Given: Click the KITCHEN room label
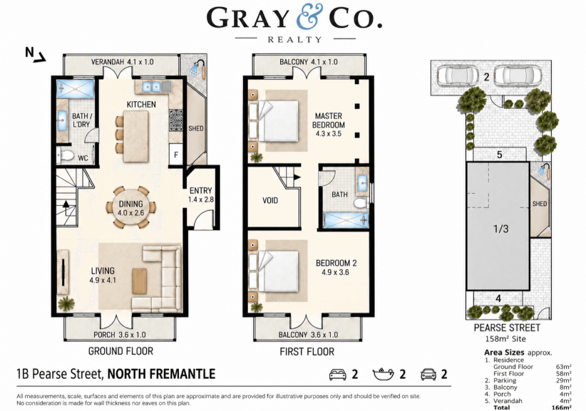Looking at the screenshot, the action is [x=141, y=104].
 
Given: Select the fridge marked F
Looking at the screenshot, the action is [x=176, y=154].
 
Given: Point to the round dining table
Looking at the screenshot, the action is [x=130, y=207].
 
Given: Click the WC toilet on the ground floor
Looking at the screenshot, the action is [x=66, y=155].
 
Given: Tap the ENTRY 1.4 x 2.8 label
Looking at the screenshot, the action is [x=201, y=195].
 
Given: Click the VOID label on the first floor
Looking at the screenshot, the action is [x=270, y=200].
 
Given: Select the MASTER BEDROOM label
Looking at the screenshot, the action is [x=329, y=120].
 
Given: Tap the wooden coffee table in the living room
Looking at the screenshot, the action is [x=140, y=281].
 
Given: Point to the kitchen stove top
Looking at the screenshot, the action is [x=175, y=120].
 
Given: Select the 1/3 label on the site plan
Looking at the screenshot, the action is [x=500, y=229].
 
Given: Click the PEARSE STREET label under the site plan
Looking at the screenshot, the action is [x=507, y=328].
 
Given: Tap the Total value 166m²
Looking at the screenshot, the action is [x=564, y=407].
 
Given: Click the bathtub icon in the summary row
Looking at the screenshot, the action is [x=384, y=374].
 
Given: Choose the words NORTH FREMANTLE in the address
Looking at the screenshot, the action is [x=161, y=374].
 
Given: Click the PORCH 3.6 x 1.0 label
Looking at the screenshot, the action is [x=120, y=335].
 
